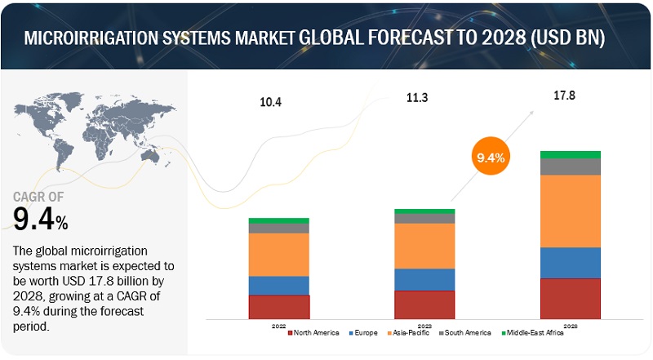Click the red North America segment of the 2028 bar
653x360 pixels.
[x=571, y=299]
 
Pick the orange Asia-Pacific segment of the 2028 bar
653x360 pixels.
[x=571, y=211]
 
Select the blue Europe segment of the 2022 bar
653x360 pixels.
[x=279, y=286]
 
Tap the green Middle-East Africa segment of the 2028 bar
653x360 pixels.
[x=571, y=154]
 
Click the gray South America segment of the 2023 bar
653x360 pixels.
[x=424, y=219]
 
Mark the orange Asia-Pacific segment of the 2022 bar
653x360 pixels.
[x=279, y=255]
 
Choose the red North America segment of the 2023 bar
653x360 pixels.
[x=424, y=304]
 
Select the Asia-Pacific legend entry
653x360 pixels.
[x=411, y=333]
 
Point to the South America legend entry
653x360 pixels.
[x=467, y=333]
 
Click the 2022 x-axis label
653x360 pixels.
[x=279, y=324]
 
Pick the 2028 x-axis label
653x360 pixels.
[x=571, y=324]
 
